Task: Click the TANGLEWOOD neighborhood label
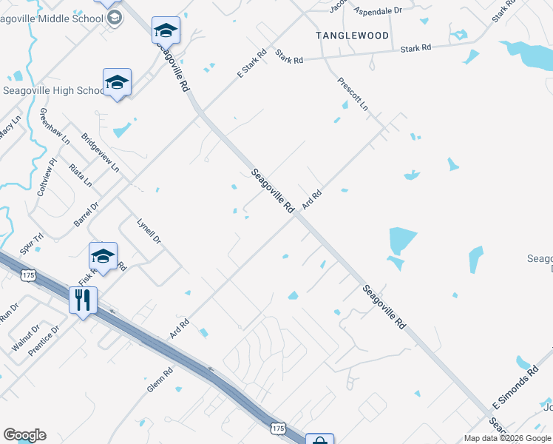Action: (352, 36)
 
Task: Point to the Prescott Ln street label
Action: (353, 94)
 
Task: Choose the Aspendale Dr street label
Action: (378, 12)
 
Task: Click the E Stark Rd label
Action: (251, 64)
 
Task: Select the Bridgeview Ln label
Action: (100, 152)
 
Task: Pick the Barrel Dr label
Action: (86, 215)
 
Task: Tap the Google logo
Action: (24, 435)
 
